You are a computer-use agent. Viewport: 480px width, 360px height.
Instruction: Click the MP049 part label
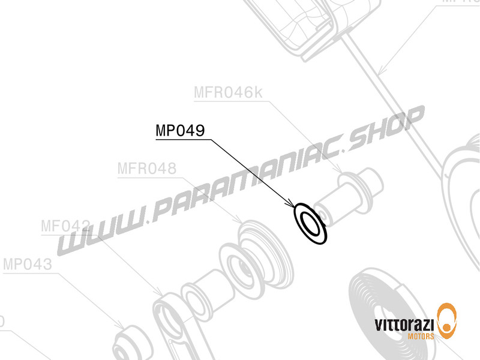pyautogui.click(x=181, y=130)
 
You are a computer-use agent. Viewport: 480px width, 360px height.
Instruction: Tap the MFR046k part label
pyautogui.click(x=229, y=93)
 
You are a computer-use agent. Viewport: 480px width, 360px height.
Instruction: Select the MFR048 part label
pyautogui.click(x=147, y=169)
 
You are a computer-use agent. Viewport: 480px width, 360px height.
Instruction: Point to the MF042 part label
pyautogui.click(x=66, y=226)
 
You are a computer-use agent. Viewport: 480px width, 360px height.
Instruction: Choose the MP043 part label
pyautogui.click(x=28, y=265)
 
